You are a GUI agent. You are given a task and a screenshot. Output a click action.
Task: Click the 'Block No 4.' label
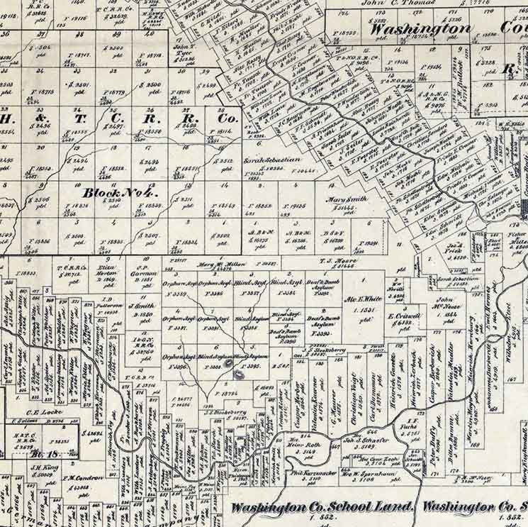pos(114,192)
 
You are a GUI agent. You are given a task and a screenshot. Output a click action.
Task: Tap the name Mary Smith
pos(345,200)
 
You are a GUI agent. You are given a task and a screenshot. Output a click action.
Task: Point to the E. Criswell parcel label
pos(401,316)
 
